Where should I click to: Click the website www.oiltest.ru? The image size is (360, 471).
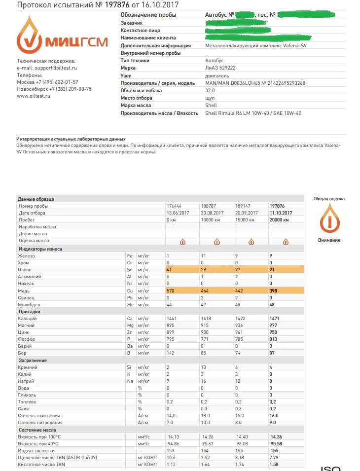pyautogui.click(x=34, y=96)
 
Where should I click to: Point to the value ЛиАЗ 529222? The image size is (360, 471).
pyautogui.click(x=220, y=68)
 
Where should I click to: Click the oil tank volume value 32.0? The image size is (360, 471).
pyautogui.click(x=210, y=91)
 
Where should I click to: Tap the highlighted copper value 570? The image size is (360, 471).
pyautogui.click(x=172, y=291)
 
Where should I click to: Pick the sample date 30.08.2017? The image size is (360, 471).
pyautogui.click(x=213, y=213)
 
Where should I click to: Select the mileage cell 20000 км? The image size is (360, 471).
pyautogui.click(x=281, y=219)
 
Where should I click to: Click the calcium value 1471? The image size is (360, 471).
pyautogui.click(x=275, y=319)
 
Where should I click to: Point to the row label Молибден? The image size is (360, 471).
pyautogui.click(x=30, y=305)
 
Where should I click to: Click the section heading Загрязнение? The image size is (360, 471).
pyautogui.click(x=33, y=361)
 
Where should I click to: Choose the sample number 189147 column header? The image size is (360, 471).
pyautogui.click(x=243, y=206)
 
